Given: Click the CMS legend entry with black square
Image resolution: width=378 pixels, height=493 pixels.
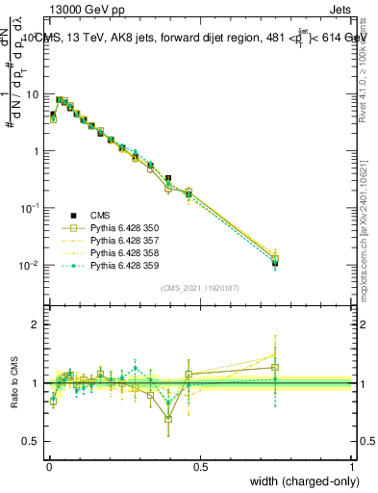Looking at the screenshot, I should (x=101, y=215).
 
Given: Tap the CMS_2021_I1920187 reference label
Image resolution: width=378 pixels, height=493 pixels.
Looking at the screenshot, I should (x=200, y=288).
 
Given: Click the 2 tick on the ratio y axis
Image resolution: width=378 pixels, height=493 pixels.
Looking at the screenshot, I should (x=37, y=324).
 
